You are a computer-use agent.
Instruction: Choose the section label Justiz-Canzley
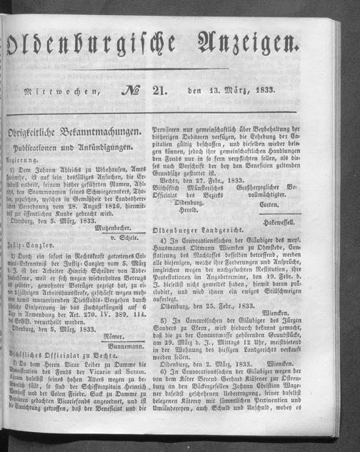point(36,272)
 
